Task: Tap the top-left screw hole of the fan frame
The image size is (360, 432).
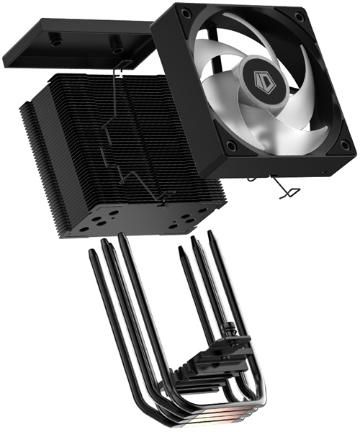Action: [186, 13]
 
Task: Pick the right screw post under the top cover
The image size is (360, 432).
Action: [116, 48]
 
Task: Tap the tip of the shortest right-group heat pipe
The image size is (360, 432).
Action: [181, 252]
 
